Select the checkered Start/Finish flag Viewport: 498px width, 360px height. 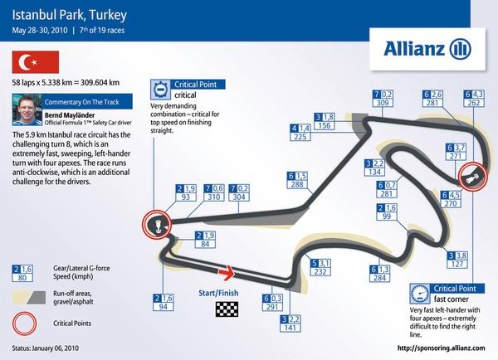pyautogui.click(x=226, y=310)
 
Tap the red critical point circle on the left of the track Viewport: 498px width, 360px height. pyautogui.click(x=156, y=224)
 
